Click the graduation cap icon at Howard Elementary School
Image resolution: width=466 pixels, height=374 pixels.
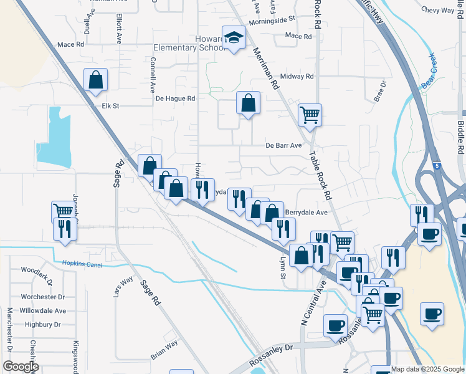tap(234, 39)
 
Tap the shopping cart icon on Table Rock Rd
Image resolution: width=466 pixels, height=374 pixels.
tap(310, 115)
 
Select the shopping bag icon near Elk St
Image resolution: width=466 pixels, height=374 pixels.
tap(95, 80)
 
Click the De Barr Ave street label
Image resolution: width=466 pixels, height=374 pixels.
tap(283, 145)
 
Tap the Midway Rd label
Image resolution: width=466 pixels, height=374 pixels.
tap(297, 76)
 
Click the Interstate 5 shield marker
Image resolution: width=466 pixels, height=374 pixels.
tap(437, 165)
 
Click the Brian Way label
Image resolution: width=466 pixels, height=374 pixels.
tap(164, 349)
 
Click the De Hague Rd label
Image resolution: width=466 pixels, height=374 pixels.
tap(175, 98)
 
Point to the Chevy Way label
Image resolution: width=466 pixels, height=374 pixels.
tap(439, 10)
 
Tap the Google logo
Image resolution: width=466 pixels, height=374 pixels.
tap(21, 366)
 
